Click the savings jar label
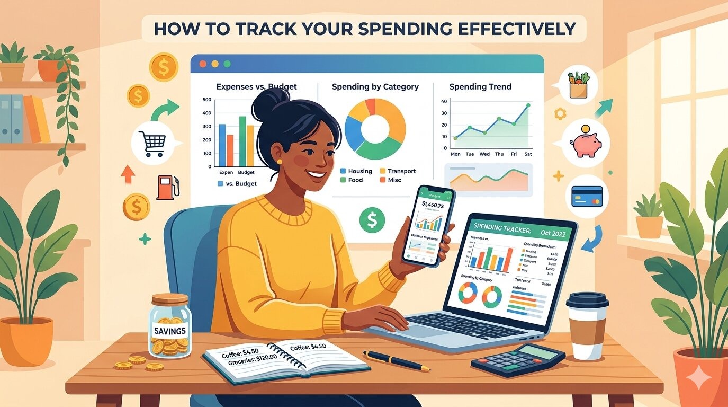point(169,331)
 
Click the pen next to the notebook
point(397,360)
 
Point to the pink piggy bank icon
point(585,143)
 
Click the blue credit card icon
point(587,196)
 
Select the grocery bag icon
point(578,85)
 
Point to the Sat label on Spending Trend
point(528,154)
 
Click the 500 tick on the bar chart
point(206,100)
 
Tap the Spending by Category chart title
point(375,86)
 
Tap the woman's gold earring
point(280,161)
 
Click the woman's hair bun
point(269,102)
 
